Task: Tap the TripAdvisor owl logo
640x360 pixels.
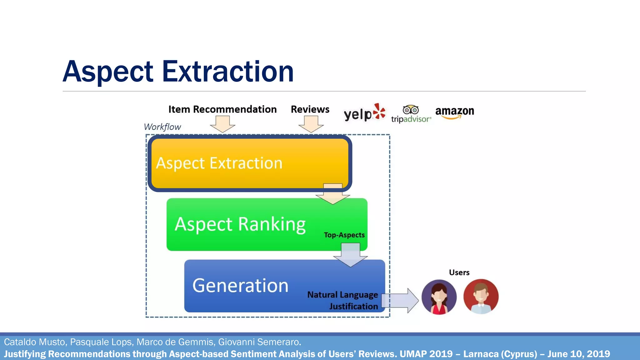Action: pyautogui.click(x=411, y=114)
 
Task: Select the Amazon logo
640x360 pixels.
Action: pyautogui.click(x=454, y=112)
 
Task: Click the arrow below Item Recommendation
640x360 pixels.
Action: pyautogui.click(x=222, y=124)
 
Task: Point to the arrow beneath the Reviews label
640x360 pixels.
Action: pyautogui.click(x=311, y=124)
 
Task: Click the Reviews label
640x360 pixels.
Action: pyautogui.click(x=310, y=109)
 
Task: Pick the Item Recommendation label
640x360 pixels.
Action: pyautogui.click(x=222, y=109)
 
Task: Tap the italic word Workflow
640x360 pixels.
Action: pyautogui.click(x=162, y=127)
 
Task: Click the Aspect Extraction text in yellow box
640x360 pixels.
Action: pyautogui.click(x=219, y=163)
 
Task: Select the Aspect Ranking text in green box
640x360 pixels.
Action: pyautogui.click(x=240, y=224)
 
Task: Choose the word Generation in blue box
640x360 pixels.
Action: pyautogui.click(x=240, y=286)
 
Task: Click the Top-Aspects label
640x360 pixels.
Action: pyautogui.click(x=344, y=235)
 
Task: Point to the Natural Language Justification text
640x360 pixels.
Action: pyautogui.click(x=343, y=300)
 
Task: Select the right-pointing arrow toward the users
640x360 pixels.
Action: pyautogui.click(x=400, y=301)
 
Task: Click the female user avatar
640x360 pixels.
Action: pyautogui.click(x=439, y=297)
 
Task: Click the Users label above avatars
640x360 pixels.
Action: pyautogui.click(x=459, y=272)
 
